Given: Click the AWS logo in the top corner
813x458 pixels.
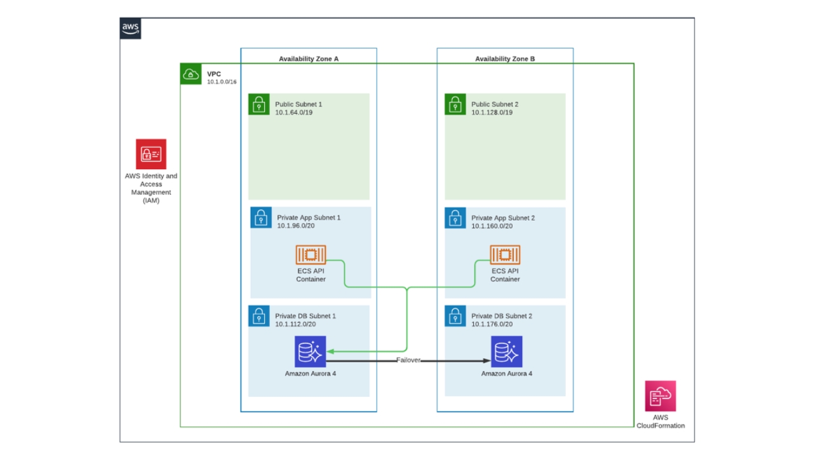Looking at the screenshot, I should (x=130, y=29).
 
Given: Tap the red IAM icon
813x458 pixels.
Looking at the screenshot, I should (x=151, y=154).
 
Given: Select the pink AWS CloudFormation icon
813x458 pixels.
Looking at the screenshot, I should (x=661, y=396).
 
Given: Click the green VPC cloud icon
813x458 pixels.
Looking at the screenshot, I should (x=191, y=74).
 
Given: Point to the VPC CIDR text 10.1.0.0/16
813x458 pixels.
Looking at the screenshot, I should (x=222, y=82).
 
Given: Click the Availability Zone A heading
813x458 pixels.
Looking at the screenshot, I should (x=309, y=59).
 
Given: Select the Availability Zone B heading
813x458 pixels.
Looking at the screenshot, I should (x=505, y=59).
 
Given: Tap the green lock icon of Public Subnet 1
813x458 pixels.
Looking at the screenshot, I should (x=259, y=104).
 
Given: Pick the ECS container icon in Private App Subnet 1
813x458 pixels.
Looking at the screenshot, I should (x=311, y=255).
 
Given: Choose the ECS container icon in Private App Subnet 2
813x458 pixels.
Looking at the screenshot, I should (x=505, y=255).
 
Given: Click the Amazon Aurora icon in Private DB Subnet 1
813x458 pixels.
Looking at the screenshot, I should (x=311, y=352).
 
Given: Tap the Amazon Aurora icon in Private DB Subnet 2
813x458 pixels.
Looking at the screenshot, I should (x=506, y=352).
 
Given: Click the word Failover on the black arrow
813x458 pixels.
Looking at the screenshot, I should (x=408, y=361).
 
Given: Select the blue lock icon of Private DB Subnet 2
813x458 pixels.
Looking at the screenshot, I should (x=455, y=316).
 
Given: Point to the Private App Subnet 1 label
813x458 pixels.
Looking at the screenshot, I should (x=309, y=218).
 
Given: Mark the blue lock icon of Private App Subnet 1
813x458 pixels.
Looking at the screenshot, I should (x=260, y=218).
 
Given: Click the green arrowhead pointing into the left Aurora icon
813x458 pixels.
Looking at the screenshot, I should (x=330, y=351).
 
